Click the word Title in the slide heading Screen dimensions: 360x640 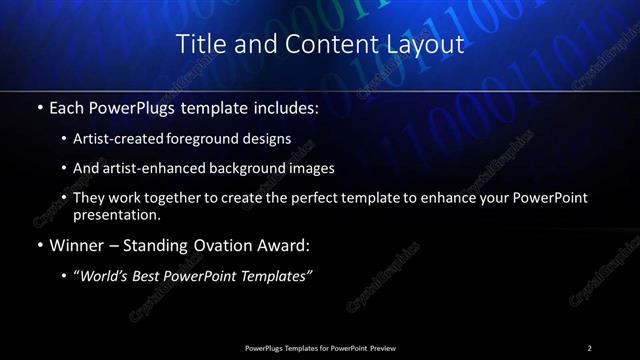coord(200,45)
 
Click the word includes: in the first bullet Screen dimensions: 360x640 coord(283,105)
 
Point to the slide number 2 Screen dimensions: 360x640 coord(590,347)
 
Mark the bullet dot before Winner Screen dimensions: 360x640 coord(39,246)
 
